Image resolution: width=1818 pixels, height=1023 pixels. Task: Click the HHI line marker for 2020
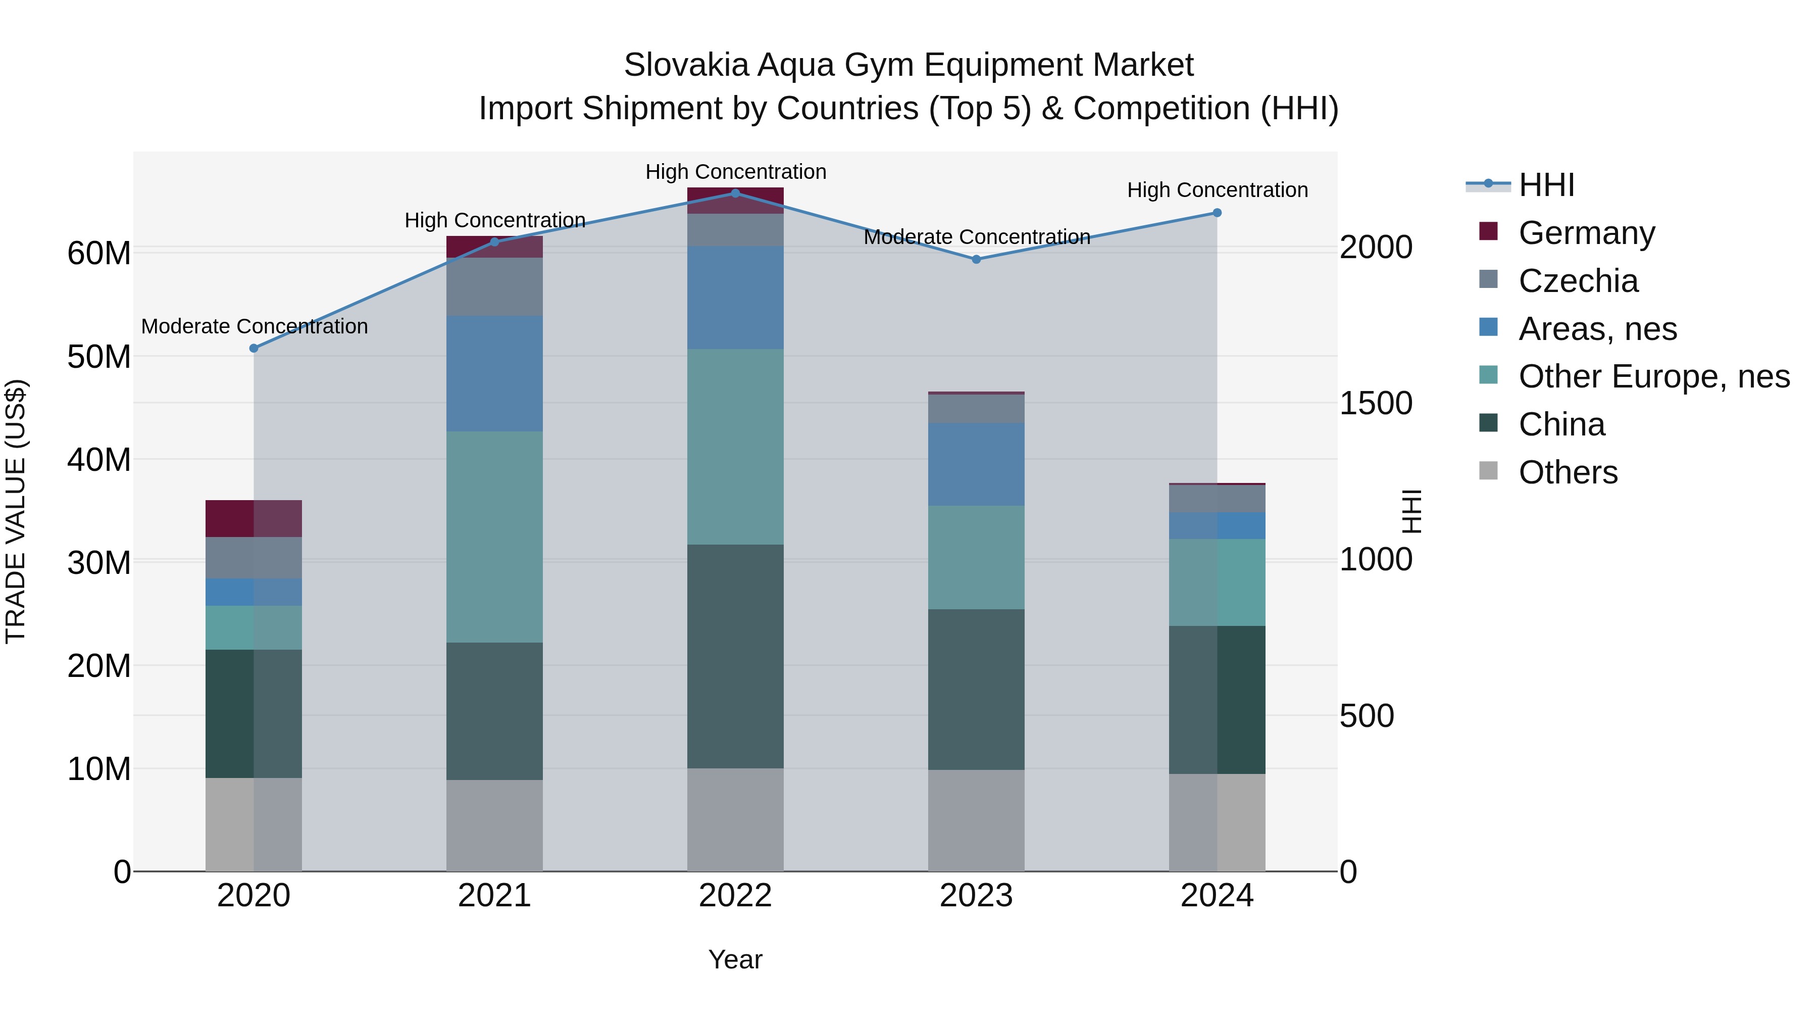tap(254, 348)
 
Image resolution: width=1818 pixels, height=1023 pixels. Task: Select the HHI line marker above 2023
tap(976, 259)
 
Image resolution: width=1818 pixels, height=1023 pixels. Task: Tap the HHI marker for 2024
tap(1217, 213)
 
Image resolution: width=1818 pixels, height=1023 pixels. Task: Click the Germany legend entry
tap(1586, 232)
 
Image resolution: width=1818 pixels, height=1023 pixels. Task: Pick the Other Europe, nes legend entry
tap(1653, 376)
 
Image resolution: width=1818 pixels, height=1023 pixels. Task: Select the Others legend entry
tap(1568, 472)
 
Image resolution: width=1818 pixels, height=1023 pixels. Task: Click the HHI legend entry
tap(1546, 185)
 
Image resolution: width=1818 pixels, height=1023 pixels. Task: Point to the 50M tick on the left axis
tap(99, 357)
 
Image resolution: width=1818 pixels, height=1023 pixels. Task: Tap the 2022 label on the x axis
tap(735, 896)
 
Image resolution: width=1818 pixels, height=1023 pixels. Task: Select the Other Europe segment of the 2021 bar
tap(494, 537)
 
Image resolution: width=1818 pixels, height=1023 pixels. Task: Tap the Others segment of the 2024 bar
tap(1217, 822)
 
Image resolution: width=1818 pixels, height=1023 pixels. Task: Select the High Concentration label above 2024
tap(1217, 190)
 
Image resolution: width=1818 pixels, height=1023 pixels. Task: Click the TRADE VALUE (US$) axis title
tap(16, 511)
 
